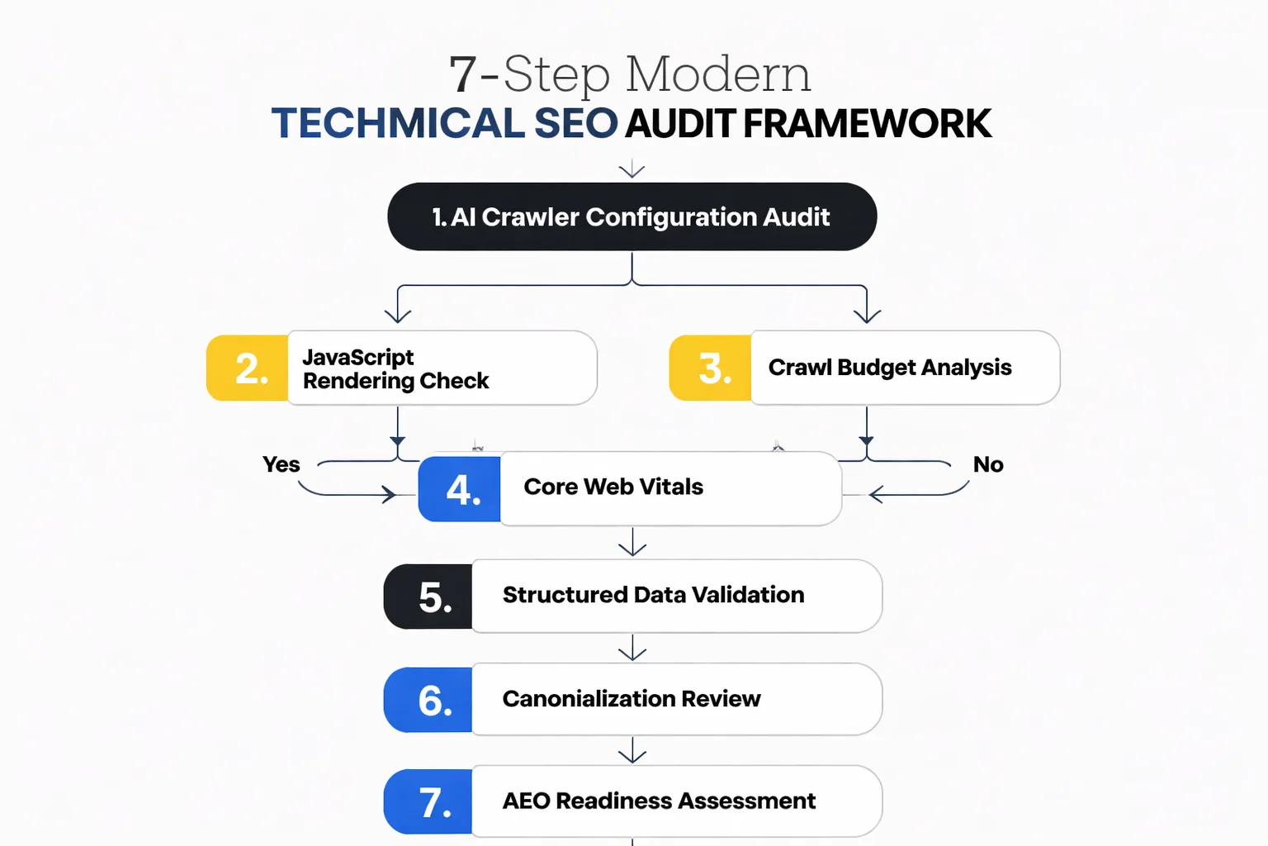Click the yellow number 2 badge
(x=248, y=368)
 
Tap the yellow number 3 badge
(x=711, y=368)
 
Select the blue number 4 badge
(x=460, y=489)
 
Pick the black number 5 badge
(x=429, y=596)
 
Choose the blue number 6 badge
(x=429, y=701)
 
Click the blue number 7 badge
(x=429, y=802)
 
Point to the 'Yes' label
(x=282, y=464)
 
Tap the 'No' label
(x=988, y=464)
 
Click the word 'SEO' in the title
(x=576, y=124)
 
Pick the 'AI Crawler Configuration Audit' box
(x=632, y=217)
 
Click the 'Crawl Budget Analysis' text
(x=890, y=368)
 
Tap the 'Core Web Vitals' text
(x=613, y=487)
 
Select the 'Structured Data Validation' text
(x=653, y=595)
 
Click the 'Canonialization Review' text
(x=632, y=699)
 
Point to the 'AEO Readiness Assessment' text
(x=659, y=801)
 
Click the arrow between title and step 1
(x=632, y=169)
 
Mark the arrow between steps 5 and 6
(x=632, y=649)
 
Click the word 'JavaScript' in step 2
(x=358, y=357)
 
